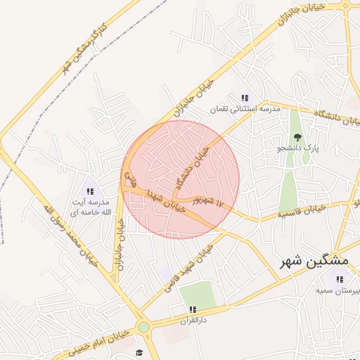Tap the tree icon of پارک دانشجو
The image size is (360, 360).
[x=297, y=137]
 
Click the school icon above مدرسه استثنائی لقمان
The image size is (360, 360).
[x=245, y=98]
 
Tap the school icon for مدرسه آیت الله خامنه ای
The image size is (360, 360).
[x=89, y=191]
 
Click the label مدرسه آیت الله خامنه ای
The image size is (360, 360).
[x=89, y=207]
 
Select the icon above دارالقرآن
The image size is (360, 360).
[x=192, y=309]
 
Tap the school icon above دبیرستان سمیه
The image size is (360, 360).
[x=340, y=279]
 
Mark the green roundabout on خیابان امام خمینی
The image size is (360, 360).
[x=144, y=327]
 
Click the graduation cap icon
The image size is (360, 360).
[x=139, y=352]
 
